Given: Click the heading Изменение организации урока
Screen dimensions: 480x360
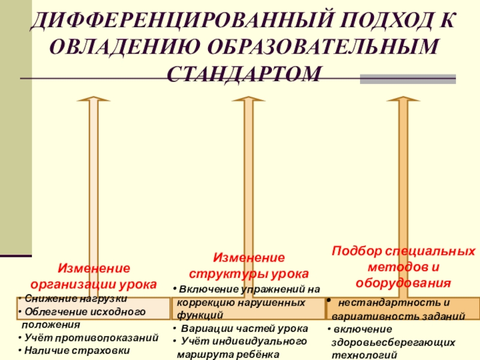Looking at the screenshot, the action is [94, 275].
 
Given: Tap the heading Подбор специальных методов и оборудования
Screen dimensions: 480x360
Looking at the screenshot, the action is [403, 266].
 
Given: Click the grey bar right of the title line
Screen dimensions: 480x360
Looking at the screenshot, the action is [407, 79].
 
